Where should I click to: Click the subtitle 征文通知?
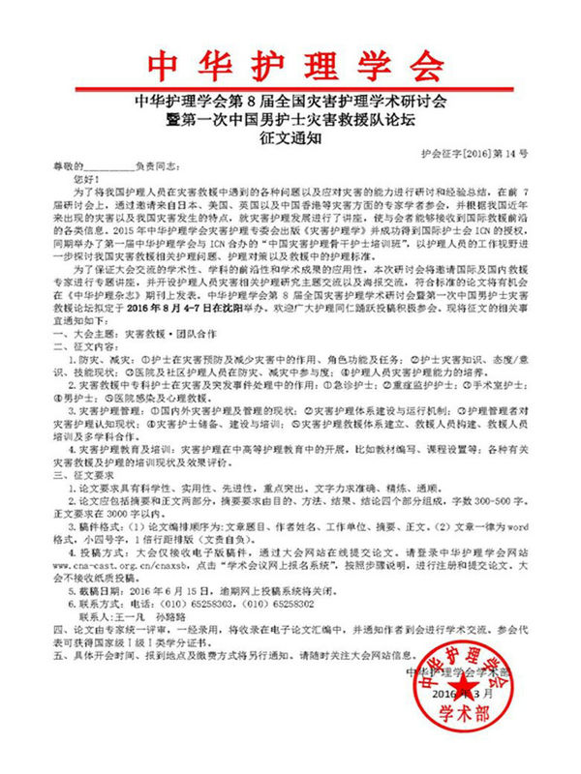[x=290, y=139]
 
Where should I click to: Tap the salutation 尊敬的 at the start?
[x=69, y=167]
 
